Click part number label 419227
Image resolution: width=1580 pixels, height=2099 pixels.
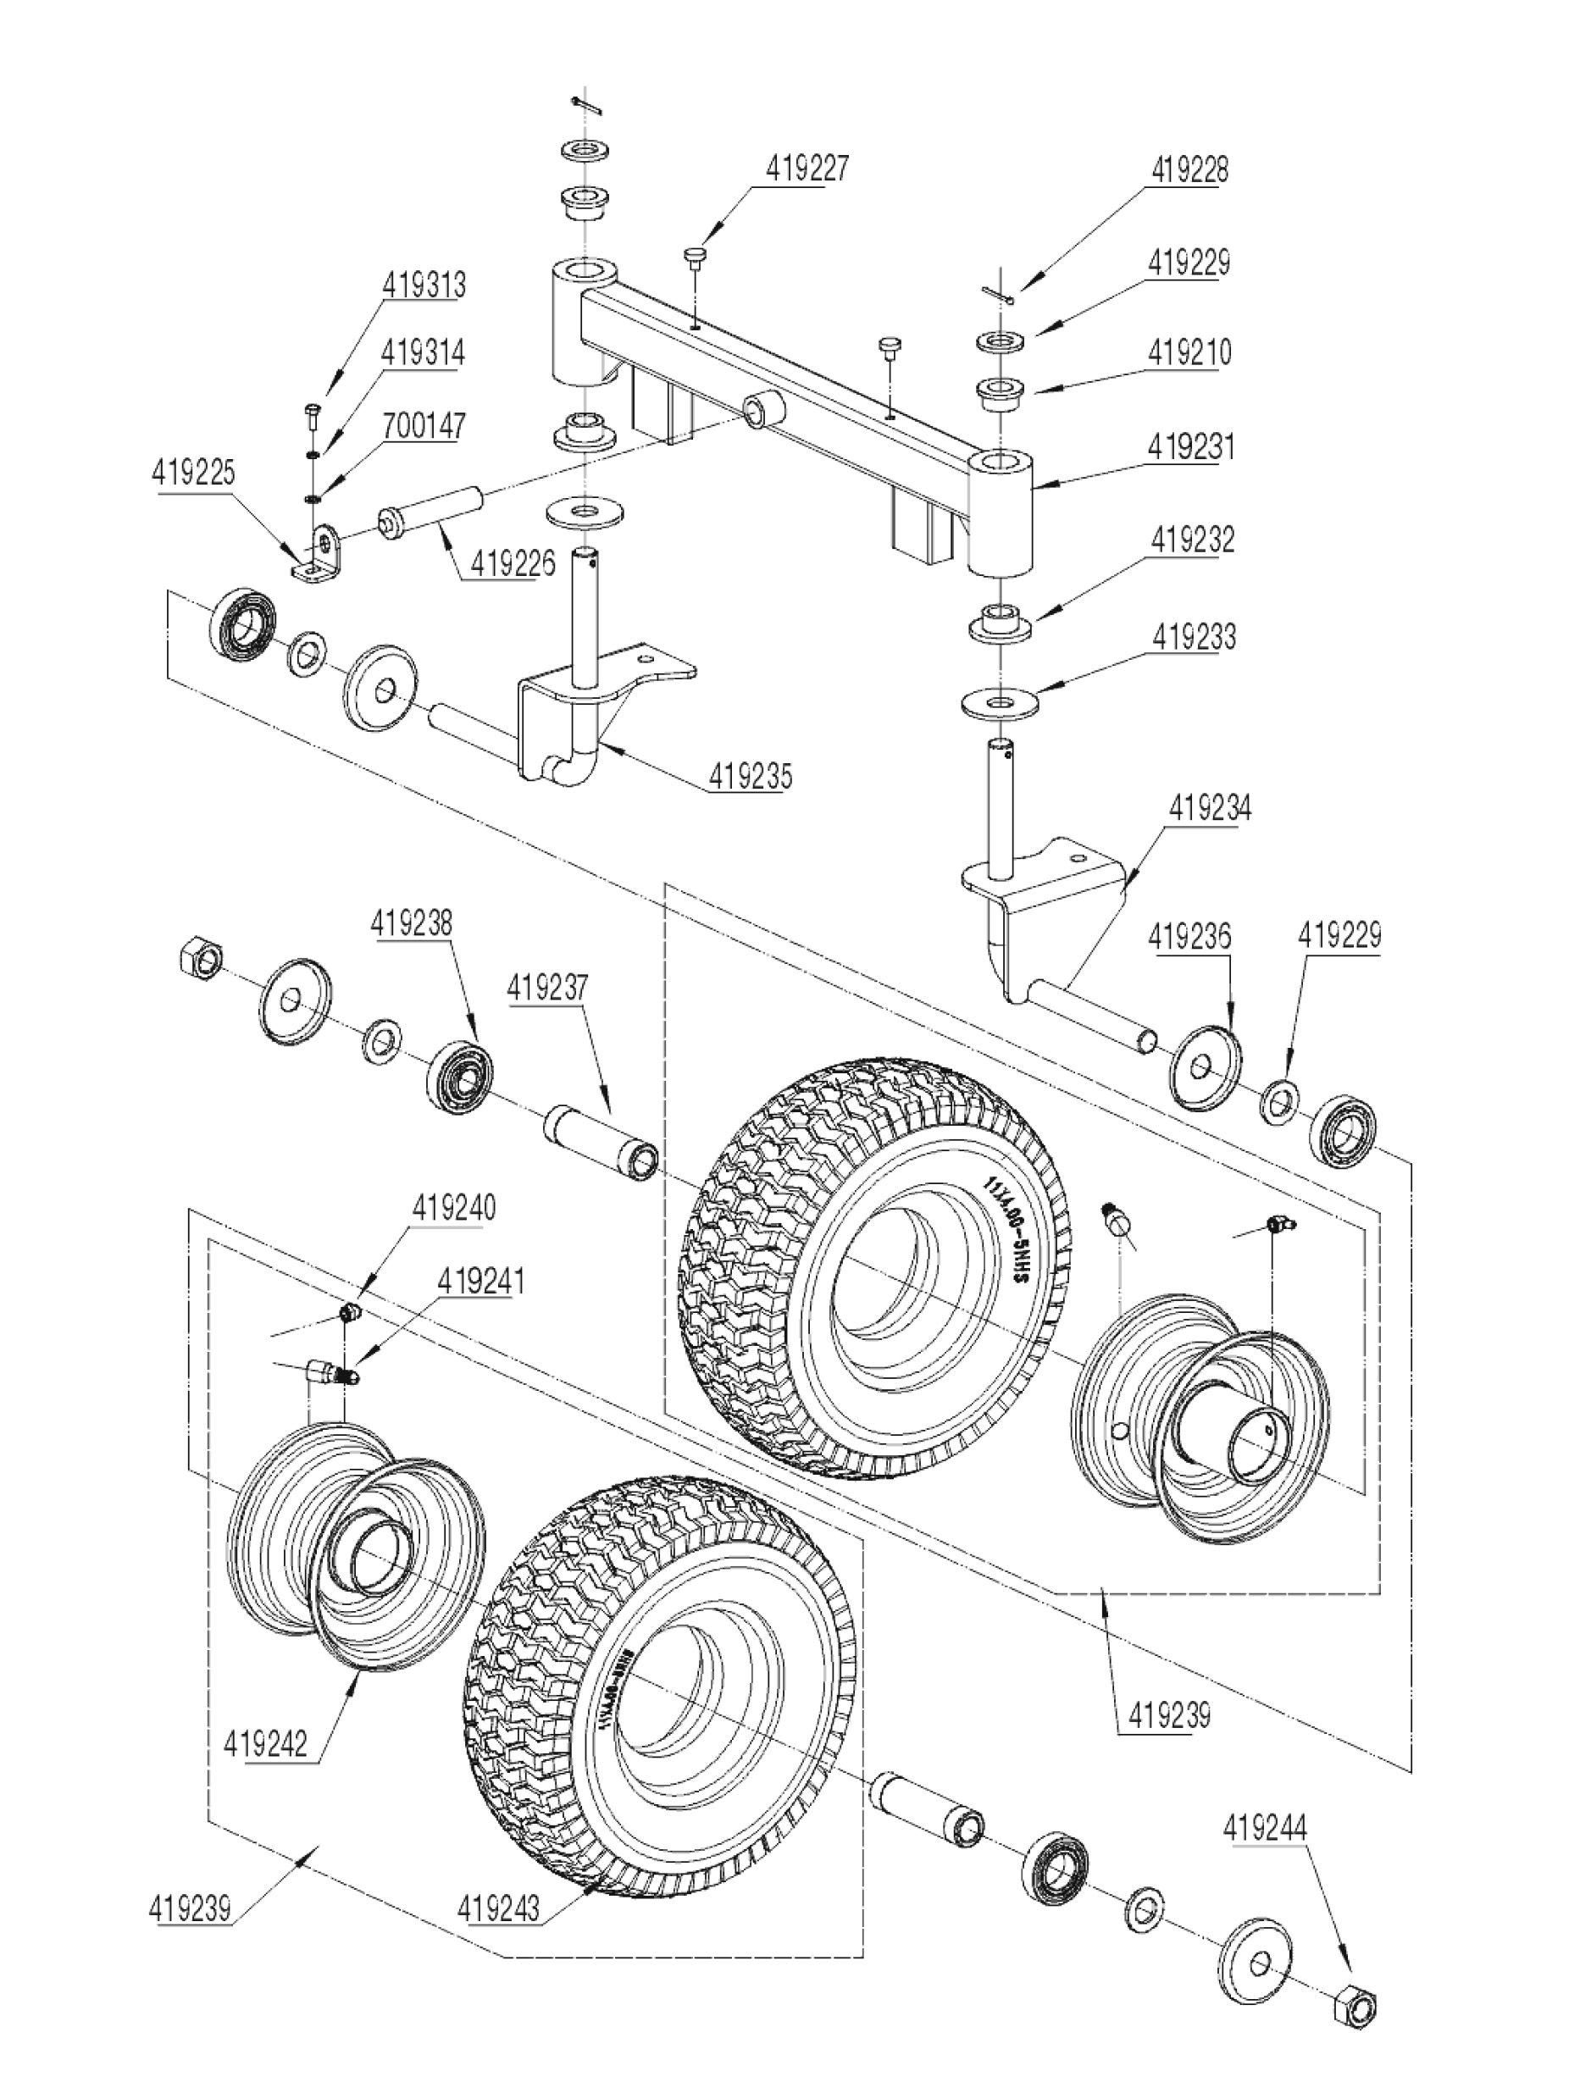(807, 168)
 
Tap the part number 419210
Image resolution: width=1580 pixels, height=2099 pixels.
(1189, 353)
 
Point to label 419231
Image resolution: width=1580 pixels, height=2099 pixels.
(1191, 446)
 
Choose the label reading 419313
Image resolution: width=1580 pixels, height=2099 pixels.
(424, 285)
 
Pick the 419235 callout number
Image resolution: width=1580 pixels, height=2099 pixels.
(750, 776)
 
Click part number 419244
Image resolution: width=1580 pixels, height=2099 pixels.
(1266, 1829)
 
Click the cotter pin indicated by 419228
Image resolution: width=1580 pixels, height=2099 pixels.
(998, 297)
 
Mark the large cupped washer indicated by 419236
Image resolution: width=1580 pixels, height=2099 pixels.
(1206, 1065)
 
